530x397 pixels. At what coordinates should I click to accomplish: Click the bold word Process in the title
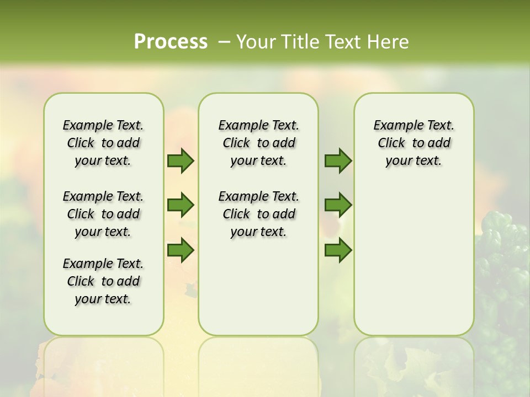click(171, 42)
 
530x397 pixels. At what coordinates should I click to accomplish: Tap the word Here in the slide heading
click(389, 42)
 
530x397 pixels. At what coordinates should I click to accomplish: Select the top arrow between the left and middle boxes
click(181, 160)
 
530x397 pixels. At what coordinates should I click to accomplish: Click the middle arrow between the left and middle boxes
click(181, 205)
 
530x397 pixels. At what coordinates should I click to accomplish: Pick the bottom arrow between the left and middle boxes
click(181, 250)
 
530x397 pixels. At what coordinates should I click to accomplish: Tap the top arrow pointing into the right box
click(338, 160)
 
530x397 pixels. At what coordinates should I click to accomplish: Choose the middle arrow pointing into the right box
click(338, 205)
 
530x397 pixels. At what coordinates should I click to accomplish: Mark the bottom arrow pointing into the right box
click(338, 250)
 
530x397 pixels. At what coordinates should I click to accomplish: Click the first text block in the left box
click(103, 143)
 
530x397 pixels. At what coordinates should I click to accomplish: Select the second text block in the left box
click(103, 214)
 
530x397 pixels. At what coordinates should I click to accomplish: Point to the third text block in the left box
click(103, 281)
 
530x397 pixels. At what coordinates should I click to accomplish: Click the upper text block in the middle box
click(258, 143)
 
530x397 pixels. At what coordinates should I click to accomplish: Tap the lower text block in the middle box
click(258, 214)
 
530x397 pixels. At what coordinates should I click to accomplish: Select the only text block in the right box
click(414, 143)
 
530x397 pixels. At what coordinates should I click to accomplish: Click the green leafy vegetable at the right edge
click(505, 259)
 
